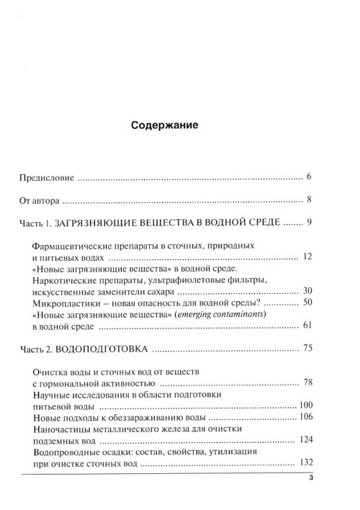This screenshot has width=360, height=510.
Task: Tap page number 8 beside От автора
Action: point(307,201)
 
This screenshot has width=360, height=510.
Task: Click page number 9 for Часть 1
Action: point(307,225)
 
